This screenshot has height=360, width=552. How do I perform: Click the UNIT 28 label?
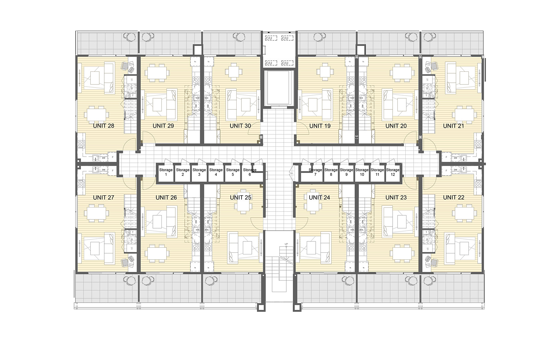pyautogui.click(x=103, y=126)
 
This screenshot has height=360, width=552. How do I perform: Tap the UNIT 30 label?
pyautogui.click(x=240, y=126)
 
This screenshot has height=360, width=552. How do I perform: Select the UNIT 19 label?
pyautogui.click(x=320, y=126)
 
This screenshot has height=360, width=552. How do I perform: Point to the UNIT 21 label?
pyautogui.click(x=453, y=126)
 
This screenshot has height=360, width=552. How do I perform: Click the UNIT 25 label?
pyautogui.click(x=240, y=198)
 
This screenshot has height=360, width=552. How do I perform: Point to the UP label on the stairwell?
pyautogui.click(x=286, y=244)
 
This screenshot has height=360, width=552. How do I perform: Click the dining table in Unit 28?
pyautogui.click(x=97, y=114)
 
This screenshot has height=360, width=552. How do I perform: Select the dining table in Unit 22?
pyautogui.click(x=464, y=213)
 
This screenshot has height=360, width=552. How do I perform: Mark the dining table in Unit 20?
pyautogui.click(x=401, y=73)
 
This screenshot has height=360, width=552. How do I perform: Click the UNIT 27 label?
pyautogui.click(x=103, y=198)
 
